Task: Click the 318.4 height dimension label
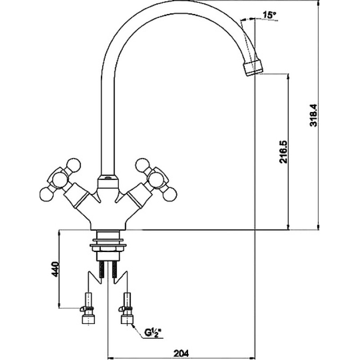point(313,116)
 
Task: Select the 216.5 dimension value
point(283,152)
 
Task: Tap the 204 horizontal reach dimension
point(181,353)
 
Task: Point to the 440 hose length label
point(55,269)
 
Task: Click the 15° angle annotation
point(269,15)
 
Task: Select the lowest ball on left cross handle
point(47,194)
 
